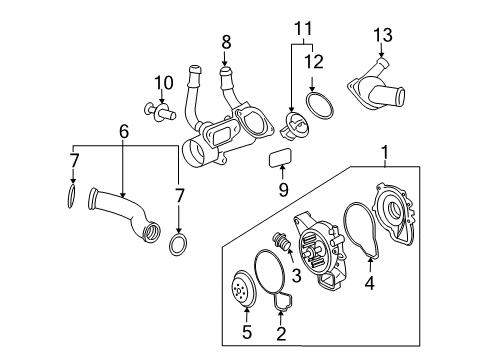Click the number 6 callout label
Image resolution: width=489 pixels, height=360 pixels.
(124, 131)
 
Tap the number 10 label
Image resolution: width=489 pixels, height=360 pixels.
(157, 81)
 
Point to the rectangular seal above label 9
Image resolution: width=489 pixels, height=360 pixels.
(282, 158)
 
